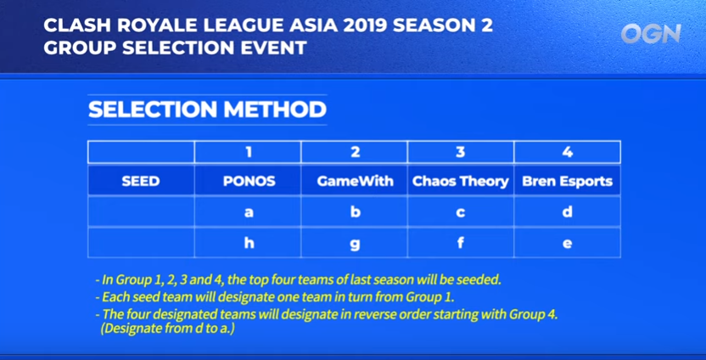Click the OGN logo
tap(651, 34)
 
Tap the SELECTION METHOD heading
tap(207, 110)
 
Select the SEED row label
tap(141, 181)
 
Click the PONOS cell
tap(248, 181)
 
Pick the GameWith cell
tap(355, 181)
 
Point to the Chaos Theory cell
tap(461, 181)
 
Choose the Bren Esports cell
tap(568, 181)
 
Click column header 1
tap(248, 152)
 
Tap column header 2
tap(355, 152)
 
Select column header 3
tap(461, 152)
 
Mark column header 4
tap(568, 152)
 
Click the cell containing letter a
tap(248, 211)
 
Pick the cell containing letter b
tap(355, 211)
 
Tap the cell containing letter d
tap(568, 211)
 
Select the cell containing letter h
tap(248, 243)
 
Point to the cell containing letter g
tap(355, 243)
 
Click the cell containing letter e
tap(568, 243)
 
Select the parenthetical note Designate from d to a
tap(167, 329)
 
